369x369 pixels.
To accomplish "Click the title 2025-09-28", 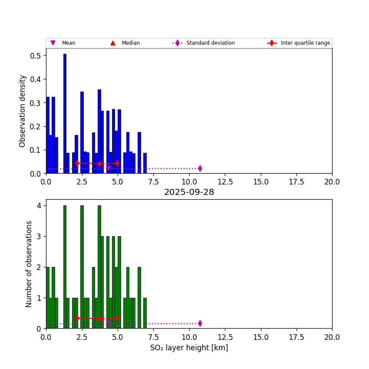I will point(189,192).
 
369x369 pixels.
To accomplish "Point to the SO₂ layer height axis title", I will point(189,348).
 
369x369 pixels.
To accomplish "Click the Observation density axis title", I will point(23,111).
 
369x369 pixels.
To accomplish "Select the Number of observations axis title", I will point(29,264).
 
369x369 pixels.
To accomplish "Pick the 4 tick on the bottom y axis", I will point(39,206).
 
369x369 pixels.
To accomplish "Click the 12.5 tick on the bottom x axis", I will point(225,337).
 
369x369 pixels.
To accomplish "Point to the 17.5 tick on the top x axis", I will point(297,182).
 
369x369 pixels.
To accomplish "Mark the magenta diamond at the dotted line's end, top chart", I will point(200,168).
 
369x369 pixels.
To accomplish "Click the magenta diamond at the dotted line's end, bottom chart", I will point(200,323).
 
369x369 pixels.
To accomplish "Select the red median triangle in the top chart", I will point(100,163).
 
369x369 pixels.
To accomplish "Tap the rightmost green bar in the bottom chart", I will point(145,313).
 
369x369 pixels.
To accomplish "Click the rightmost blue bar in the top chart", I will point(145,163).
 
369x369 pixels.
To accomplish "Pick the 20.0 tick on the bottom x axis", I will point(332,337).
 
